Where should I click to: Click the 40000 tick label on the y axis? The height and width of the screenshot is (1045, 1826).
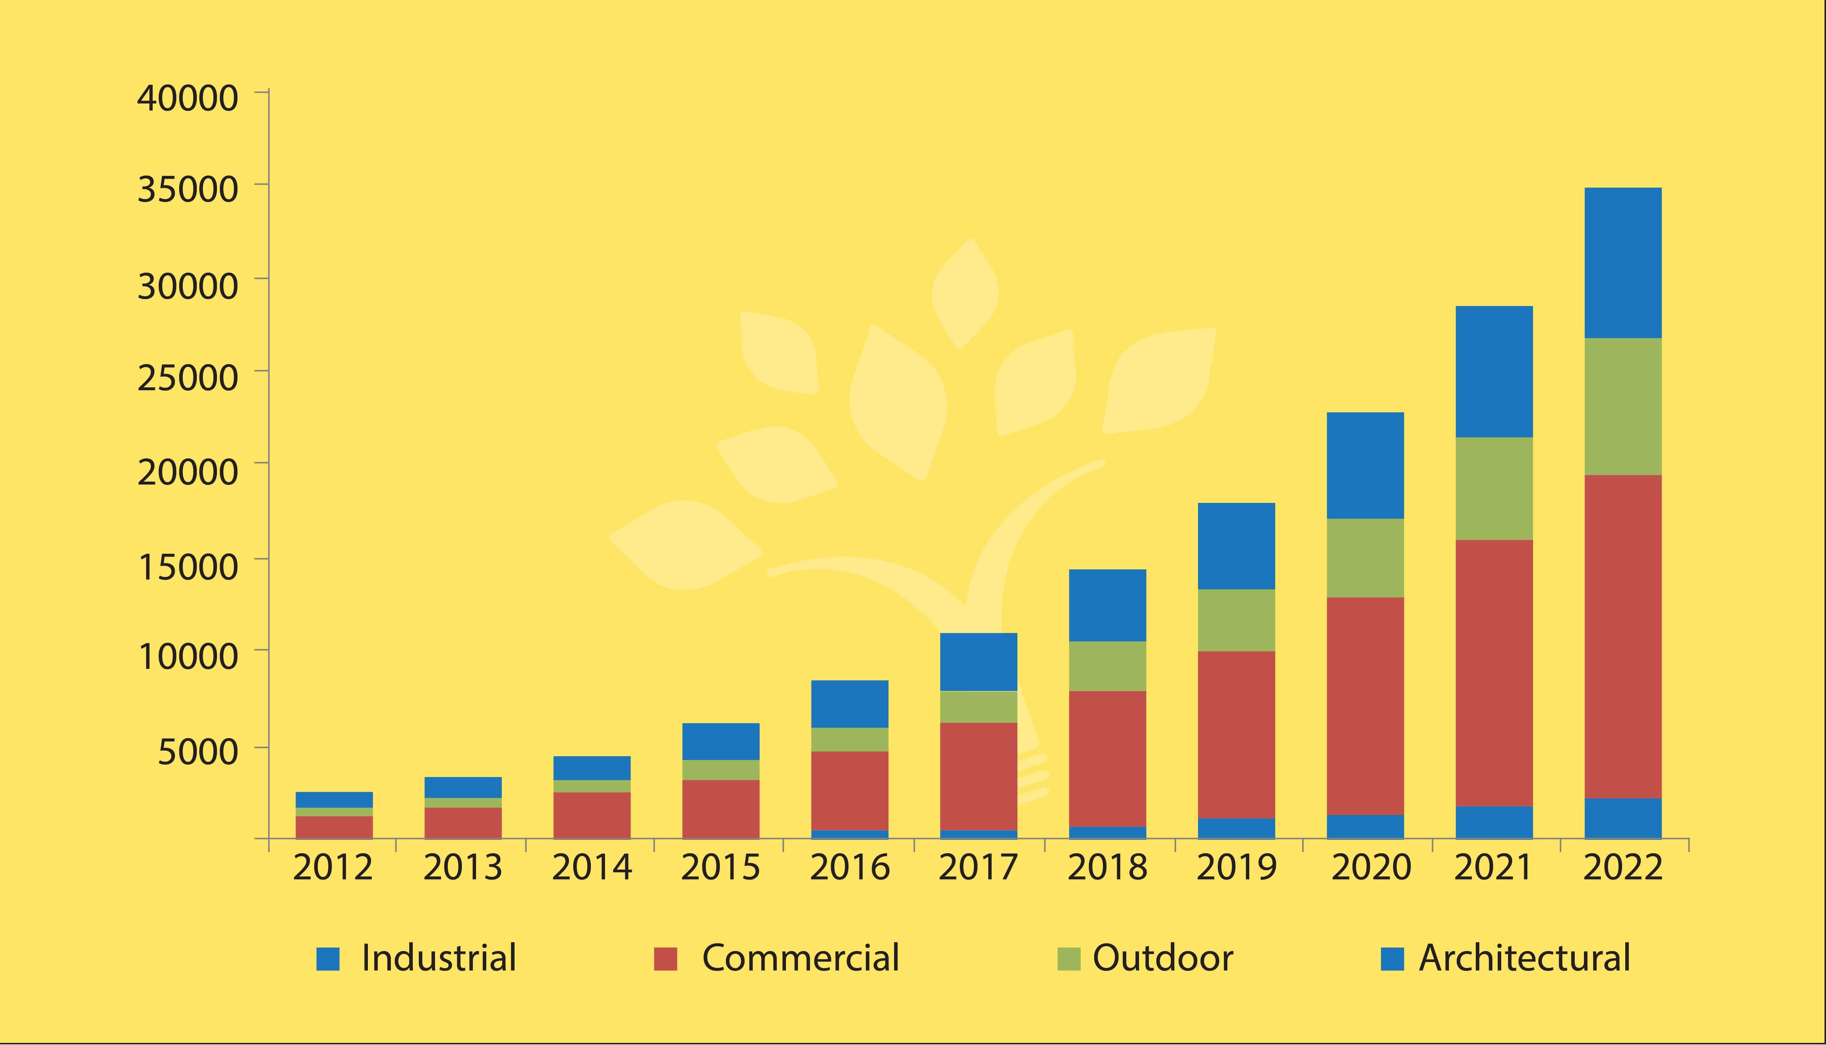[187, 98]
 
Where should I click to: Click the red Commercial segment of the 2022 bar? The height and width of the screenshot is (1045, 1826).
[1623, 637]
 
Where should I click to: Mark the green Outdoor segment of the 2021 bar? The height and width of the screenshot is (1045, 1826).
[1493, 488]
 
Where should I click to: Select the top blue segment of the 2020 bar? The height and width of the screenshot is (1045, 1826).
[1365, 465]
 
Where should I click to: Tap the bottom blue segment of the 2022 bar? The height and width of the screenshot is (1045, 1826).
[1623, 818]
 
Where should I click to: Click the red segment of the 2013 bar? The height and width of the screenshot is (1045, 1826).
[463, 823]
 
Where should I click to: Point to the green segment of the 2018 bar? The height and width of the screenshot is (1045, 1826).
[1107, 666]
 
